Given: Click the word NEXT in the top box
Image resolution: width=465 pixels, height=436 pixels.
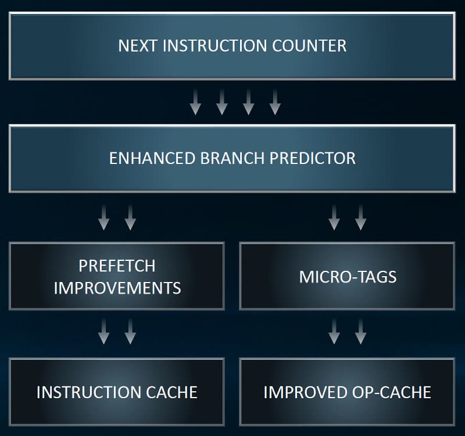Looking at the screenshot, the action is tap(137, 46).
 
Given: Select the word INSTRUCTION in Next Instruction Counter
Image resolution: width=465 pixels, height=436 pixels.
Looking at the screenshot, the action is tap(214, 46).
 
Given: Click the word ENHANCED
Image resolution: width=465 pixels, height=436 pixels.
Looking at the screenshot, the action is tap(152, 158).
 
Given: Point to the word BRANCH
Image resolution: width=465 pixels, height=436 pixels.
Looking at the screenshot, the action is tap(232, 158).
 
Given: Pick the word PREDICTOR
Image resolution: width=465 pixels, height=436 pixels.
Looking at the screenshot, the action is tap(313, 158).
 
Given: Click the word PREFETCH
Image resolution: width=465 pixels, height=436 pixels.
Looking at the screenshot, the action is tap(117, 266).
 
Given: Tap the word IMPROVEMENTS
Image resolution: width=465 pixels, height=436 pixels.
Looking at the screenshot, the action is tap(117, 288).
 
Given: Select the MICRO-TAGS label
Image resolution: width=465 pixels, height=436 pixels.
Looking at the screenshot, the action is tap(348, 277).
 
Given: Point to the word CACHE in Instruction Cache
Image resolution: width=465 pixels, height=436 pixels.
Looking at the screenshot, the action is tap(171, 392).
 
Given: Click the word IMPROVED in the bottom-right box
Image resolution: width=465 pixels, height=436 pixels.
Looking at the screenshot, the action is tap(305, 392).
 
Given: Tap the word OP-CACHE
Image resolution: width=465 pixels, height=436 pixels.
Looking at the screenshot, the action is tap(391, 392).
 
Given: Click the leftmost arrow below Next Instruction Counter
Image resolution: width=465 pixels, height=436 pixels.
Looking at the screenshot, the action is tap(195, 102).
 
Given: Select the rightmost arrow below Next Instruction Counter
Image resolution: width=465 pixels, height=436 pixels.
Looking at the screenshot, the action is tap(275, 102).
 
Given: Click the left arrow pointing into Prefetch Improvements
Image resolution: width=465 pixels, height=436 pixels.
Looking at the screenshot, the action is tap(104, 217).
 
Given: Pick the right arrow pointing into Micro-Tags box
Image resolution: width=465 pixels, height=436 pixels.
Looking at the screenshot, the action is tap(360, 217).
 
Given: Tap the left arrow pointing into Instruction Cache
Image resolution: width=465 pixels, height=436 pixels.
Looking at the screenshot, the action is tap(104, 331).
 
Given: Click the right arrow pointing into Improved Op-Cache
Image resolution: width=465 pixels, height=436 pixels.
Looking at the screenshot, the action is tap(360, 331).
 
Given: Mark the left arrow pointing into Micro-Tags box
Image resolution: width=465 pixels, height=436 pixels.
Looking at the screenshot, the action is tap(334, 217).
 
